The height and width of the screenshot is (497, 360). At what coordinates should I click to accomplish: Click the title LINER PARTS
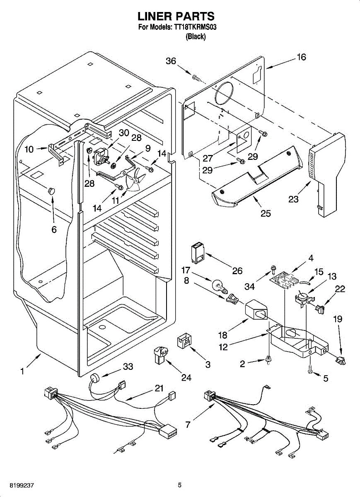click(176, 16)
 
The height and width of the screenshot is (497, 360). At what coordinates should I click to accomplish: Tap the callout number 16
click(301, 57)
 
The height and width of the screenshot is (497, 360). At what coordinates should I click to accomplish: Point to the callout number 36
click(171, 61)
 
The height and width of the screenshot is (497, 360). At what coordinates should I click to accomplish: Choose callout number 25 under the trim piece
click(266, 213)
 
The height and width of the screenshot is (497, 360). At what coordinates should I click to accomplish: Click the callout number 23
click(293, 199)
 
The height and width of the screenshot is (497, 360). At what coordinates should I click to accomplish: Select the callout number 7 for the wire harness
click(188, 425)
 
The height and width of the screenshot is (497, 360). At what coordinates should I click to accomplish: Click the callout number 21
click(159, 388)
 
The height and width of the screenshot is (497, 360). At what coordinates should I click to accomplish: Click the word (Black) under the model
click(196, 36)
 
